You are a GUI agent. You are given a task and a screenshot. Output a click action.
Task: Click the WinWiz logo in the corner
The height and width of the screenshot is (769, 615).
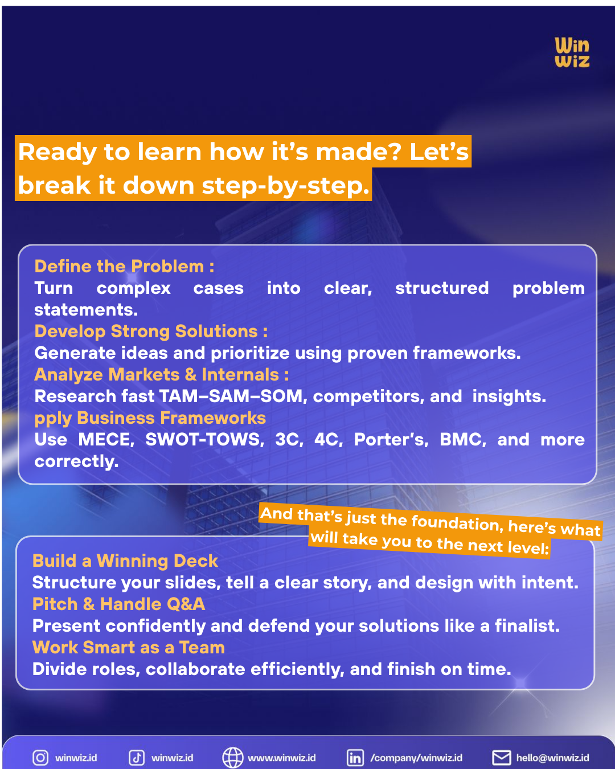(572, 52)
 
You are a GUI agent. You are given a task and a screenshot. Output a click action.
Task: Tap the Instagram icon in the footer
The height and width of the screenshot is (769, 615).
(40, 758)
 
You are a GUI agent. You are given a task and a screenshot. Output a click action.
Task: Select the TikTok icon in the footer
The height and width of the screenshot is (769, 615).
(137, 758)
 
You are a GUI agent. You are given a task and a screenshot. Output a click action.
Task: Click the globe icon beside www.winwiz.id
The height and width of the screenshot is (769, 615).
(232, 758)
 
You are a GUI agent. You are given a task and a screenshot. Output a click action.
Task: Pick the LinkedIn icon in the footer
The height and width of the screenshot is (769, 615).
(355, 758)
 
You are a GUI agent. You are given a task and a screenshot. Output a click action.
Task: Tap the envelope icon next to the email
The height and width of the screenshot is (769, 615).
(501, 758)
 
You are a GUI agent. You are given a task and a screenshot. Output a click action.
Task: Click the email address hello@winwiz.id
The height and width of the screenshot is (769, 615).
(552, 758)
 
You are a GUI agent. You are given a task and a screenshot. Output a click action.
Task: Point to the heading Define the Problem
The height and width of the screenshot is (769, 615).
(124, 266)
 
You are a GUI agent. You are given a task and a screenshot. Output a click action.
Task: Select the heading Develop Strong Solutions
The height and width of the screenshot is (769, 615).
(151, 331)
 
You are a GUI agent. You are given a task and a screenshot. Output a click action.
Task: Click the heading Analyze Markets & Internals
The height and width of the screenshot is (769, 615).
(162, 374)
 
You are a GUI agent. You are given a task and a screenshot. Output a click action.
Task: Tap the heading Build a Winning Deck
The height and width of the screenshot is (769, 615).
(125, 561)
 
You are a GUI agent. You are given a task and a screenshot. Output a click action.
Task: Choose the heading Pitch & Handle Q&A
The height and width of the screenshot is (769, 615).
(118, 604)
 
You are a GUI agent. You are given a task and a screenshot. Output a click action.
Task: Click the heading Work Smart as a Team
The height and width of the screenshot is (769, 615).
(129, 647)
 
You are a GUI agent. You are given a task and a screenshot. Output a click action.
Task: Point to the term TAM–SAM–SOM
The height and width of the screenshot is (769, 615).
(231, 396)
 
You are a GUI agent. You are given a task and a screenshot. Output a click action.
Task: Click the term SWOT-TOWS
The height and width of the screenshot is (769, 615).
(204, 439)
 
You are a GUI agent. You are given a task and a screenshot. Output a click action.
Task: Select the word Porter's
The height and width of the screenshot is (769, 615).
(391, 439)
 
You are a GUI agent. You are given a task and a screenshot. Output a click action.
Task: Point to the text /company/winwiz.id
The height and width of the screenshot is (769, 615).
(416, 758)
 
